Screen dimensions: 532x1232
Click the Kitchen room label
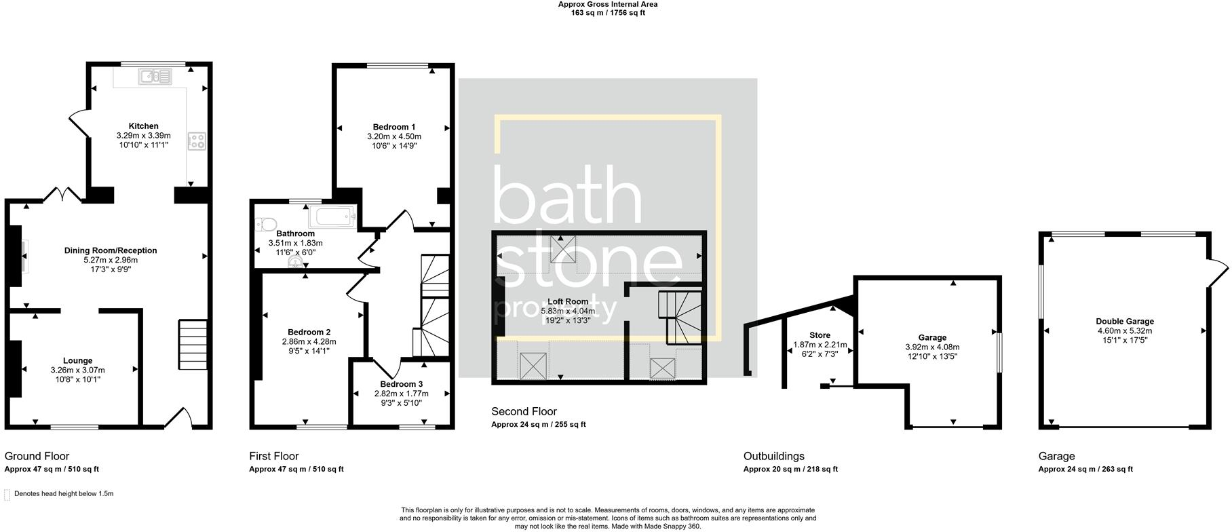(144, 126)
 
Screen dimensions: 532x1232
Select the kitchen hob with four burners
(197, 140)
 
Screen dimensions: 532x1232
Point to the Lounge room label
(78, 361)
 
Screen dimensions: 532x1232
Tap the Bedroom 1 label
(394, 127)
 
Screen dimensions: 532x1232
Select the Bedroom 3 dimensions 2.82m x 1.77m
(402, 394)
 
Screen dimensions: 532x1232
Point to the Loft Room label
(568, 302)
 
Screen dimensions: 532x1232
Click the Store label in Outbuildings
(820, 335)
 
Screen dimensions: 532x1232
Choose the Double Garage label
(1124, 322)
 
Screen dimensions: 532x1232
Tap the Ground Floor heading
(37, 456)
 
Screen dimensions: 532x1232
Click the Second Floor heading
(524, 411)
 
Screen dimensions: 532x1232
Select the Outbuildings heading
(773, 456)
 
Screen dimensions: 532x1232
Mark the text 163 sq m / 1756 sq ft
(607, 13)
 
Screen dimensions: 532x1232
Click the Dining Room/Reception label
(111, 250)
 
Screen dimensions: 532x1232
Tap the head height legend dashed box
(7, 494)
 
